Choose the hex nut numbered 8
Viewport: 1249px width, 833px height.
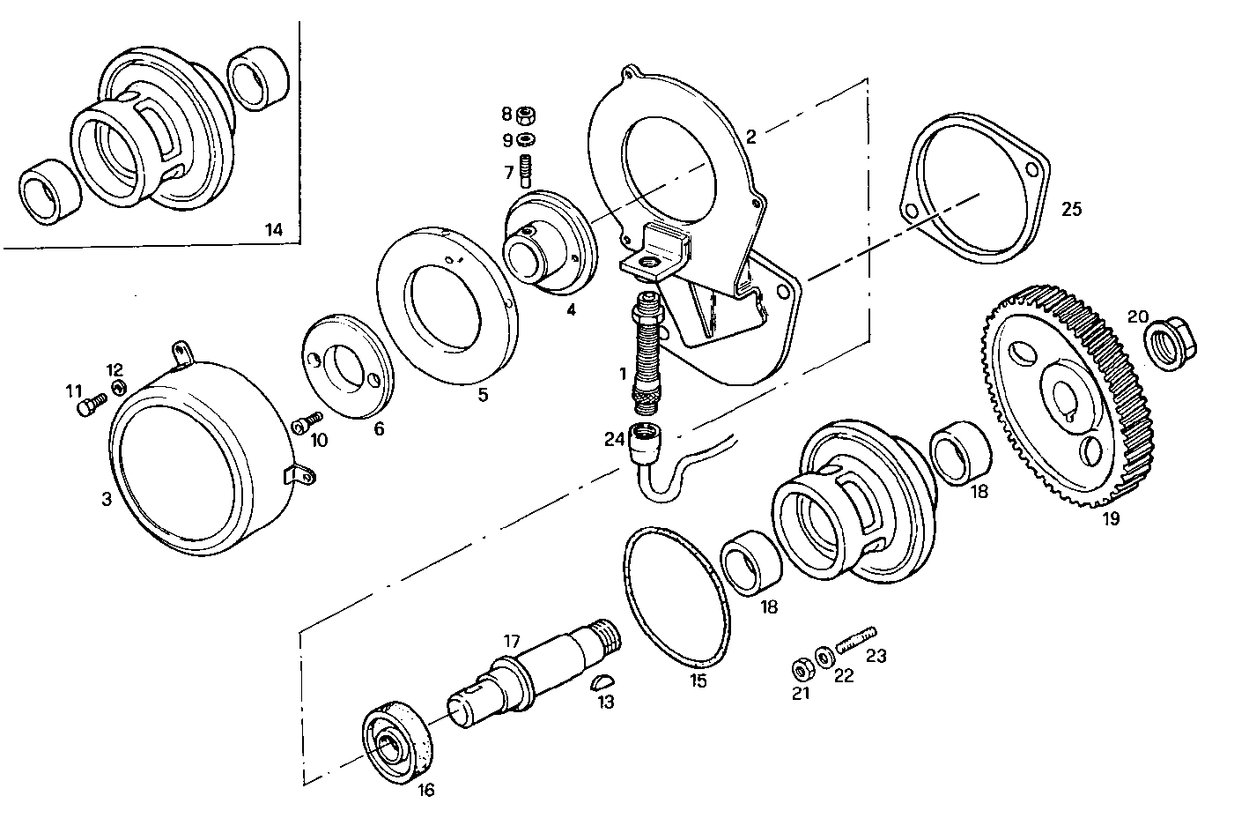click(527, 115)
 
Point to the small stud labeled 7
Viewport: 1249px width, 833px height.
click(527, 168)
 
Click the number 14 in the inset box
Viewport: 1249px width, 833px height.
click(274, 230)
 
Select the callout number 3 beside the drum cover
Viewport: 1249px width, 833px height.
click(106, 500)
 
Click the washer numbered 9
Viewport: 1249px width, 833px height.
click(528, 140)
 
